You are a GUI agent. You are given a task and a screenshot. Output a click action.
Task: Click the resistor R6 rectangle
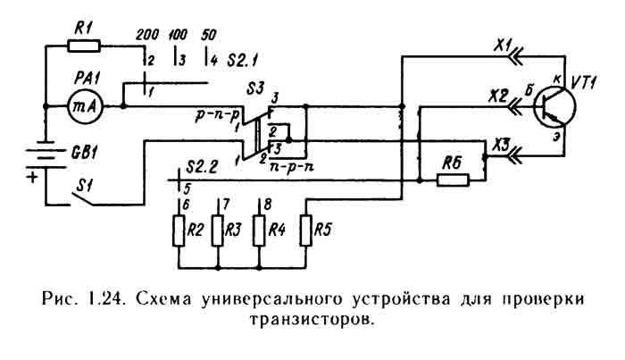(x=453, y=180)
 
